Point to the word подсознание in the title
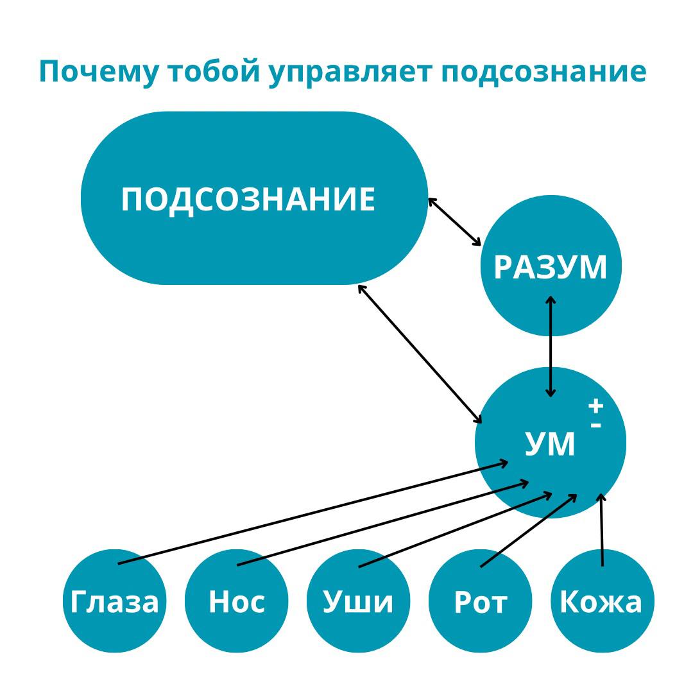coord(543,72)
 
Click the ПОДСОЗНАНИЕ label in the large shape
coord(248,199)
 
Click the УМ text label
coord(550,443)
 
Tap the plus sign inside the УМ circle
coord(596,406)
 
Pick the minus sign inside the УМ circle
coord(596,425)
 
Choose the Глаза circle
coord(114,601)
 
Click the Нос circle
coord(236,601)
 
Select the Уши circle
coord(358,601)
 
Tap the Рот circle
coord(480,601)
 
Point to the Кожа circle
coord(602,601)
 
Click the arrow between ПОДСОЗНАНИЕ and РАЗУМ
coord(454,221)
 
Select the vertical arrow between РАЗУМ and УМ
coord(550,346)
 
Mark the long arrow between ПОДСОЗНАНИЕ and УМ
coord(420,354)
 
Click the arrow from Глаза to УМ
coord(313,512)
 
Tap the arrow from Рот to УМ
coord(528,531)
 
